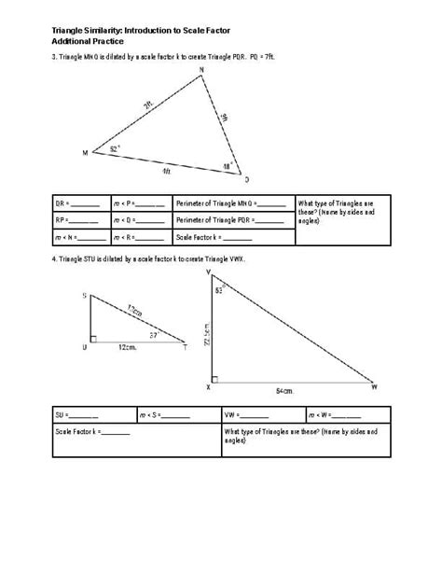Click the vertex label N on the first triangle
click(x=200, y=80)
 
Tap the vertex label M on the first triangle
click(x=87, y=152)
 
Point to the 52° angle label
click(x=114, y=147)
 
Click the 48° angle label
click(x=227, y=166)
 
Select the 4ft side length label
click(x=165, y=172)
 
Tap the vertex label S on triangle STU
click(x=85, y=295)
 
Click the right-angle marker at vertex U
click(x=92, y=337)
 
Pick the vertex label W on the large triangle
click(x=374, y=385)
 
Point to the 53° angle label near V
click(x=219, y=290)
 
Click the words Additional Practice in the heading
click(x=88, y=42)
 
